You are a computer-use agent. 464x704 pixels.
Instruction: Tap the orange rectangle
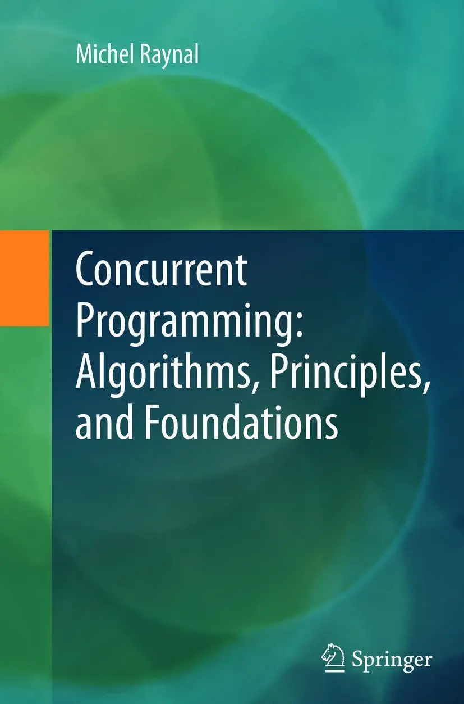point(24,278)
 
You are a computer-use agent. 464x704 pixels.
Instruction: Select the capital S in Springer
point(357,659)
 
